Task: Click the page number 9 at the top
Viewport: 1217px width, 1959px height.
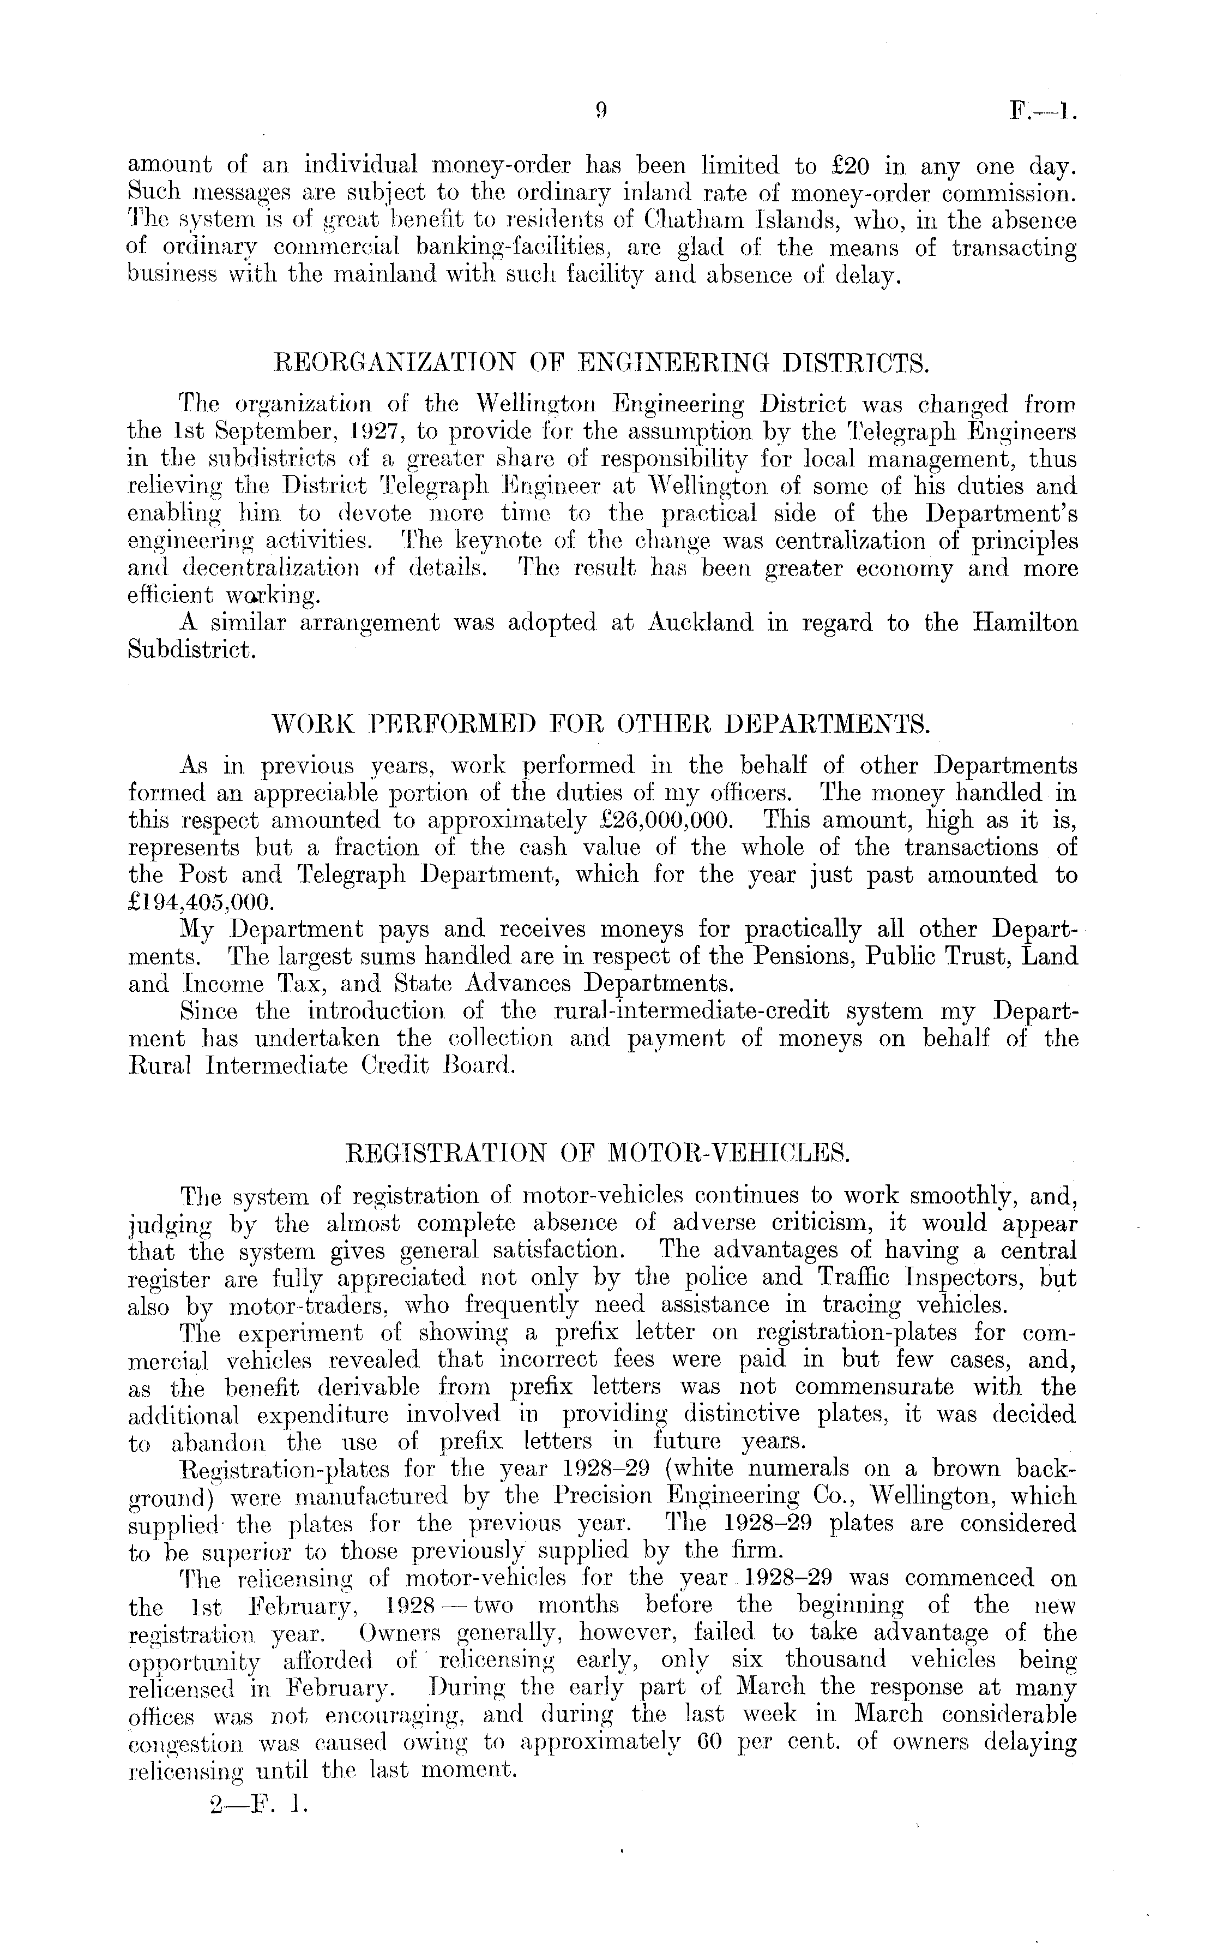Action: click(600, 112)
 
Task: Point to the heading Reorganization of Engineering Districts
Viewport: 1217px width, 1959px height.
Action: click(602, 363)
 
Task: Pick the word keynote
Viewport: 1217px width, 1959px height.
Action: click(489, 541)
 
